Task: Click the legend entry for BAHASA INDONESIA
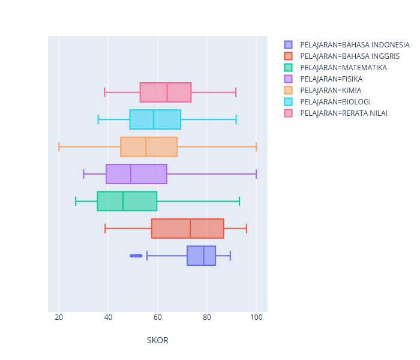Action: (x=355, y=45)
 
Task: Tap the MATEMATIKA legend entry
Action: (x=343, y=68)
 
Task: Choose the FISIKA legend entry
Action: (x=331, y=79)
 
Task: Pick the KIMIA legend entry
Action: (x=331, y=91)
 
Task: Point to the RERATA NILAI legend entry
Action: (x=344, y=113)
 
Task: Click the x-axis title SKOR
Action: (x=157, y=340)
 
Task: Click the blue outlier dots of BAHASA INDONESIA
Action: (x=136, y=256)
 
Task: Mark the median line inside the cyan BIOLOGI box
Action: (x=154, y=119)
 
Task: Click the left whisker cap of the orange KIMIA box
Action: (x=59, y=147)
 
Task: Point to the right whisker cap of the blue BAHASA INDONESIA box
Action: (x=230, y=256)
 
